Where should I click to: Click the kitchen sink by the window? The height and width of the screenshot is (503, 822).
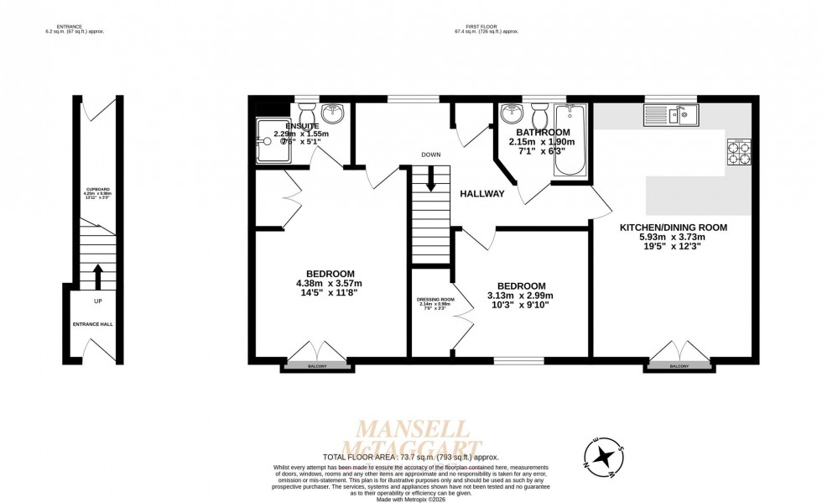click(670, 115)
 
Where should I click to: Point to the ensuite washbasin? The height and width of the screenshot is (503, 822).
click(333, 113)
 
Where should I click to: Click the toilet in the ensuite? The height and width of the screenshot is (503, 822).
click(306, 113)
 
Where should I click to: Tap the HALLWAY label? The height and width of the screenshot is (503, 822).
click(481, 194)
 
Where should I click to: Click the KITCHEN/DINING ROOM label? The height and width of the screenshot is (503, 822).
click(673, 228)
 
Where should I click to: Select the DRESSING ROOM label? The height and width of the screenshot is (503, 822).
click(435, 300)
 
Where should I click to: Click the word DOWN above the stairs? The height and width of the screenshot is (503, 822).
click(431, 155)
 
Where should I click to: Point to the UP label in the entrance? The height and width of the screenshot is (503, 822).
click(98, 301)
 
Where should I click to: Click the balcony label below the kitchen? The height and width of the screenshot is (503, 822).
click(679, 367)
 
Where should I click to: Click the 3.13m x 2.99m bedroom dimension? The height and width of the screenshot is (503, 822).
click(521, 296)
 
